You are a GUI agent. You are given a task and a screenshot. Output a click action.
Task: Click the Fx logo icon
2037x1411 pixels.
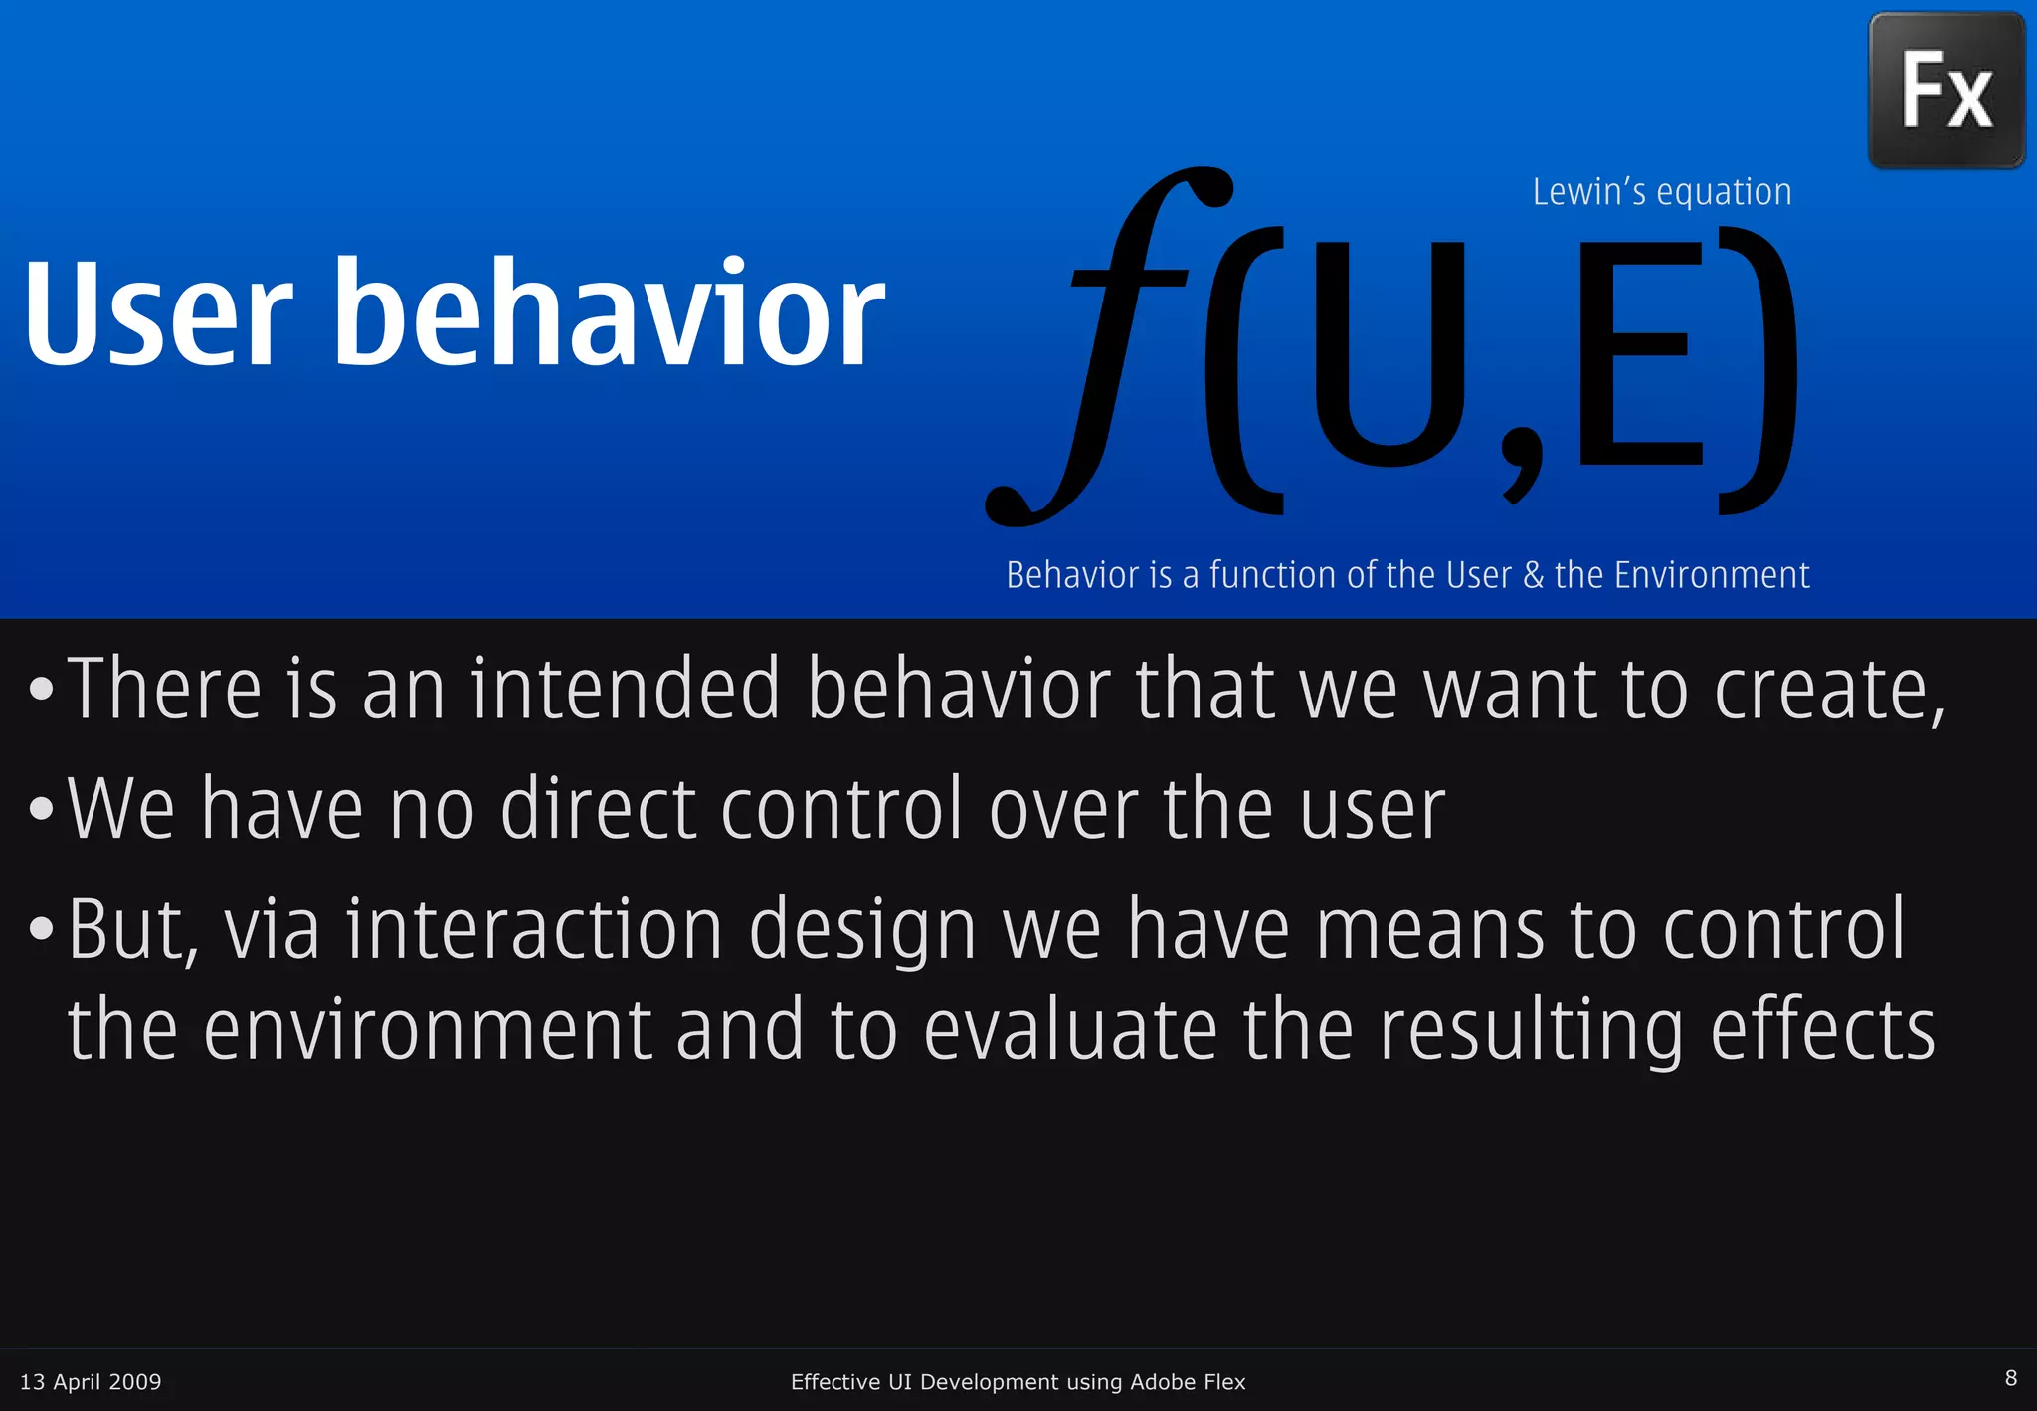[x=1946, y=91]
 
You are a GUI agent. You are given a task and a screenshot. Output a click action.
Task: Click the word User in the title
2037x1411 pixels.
[x=159, y=313]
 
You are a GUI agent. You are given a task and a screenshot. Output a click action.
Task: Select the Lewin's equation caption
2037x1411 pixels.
[x=1661, y=192]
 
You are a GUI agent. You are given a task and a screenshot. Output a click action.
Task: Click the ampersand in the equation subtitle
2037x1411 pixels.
[x=1533, y=575]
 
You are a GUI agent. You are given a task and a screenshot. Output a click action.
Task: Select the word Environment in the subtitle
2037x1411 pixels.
[x=1711, y=575]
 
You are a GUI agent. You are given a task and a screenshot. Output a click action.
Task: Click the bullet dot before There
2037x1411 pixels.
[x=41, y=689]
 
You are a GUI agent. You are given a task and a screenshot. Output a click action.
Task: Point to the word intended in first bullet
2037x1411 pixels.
[x=625, y=689]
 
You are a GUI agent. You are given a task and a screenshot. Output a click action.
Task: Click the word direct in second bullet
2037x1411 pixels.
[x=597, y=808]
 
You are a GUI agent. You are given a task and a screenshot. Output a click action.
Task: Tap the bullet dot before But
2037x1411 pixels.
[x=41, y=929]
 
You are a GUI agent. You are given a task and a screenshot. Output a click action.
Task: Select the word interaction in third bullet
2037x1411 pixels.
[x=534, y=929]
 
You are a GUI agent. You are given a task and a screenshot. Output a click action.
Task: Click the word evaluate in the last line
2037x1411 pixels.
[x=1070, y=1031]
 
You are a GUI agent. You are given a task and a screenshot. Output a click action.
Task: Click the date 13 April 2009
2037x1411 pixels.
[x=91, y=1381]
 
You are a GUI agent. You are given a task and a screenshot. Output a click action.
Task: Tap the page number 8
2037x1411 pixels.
[x=2010, y=1378]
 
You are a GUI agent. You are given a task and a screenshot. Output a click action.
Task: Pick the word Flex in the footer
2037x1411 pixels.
[x=1222, y=1381]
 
